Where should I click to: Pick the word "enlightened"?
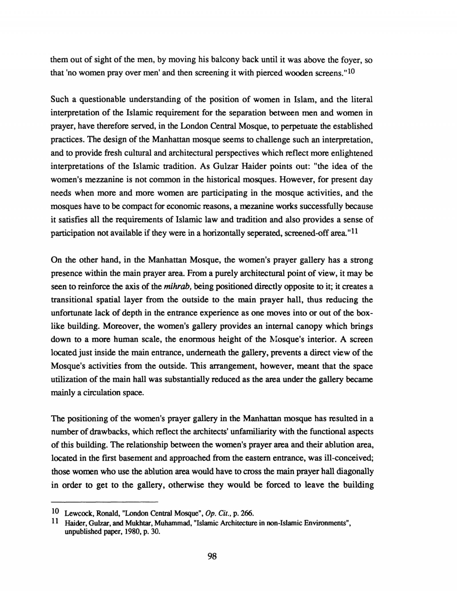pyautogui.click(x=352, y=153)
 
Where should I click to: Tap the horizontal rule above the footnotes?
pyautogui.click(x=104, y=502)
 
